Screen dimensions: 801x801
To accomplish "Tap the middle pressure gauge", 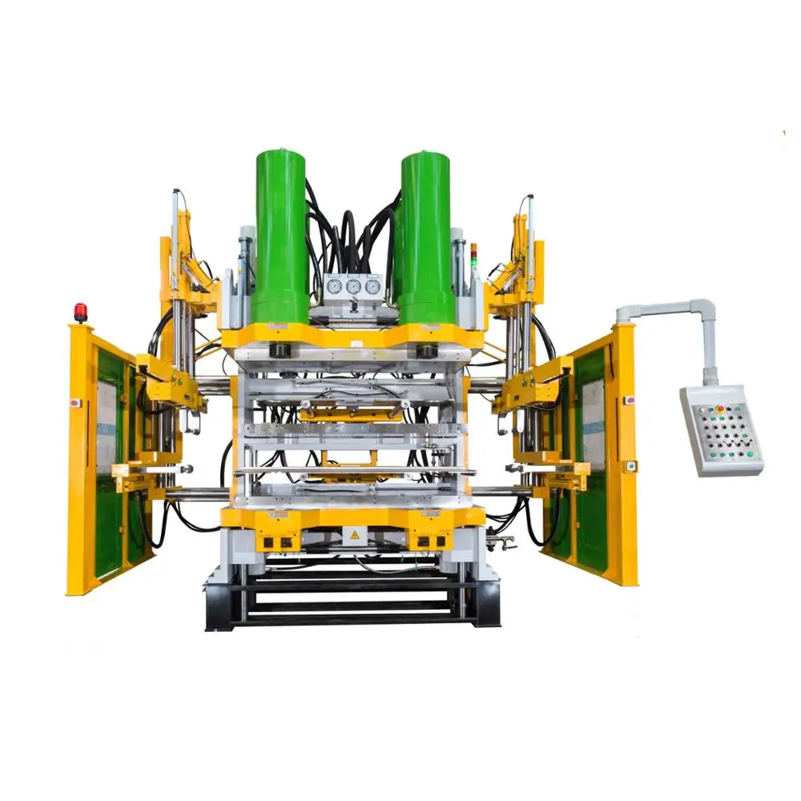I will click(353, 286).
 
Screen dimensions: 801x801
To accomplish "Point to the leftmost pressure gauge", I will click(334, 286).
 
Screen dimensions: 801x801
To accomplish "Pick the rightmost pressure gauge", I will click(372, 286).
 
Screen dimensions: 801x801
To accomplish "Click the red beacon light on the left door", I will click(80, 312).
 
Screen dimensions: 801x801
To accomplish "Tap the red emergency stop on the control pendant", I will click(719, 409).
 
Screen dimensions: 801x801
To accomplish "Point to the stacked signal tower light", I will click(473, 255).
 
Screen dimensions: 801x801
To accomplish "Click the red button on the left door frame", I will click(74, 403).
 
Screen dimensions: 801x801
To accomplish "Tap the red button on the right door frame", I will click(630, 399).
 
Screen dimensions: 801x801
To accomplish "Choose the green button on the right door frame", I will click(631, 465).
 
